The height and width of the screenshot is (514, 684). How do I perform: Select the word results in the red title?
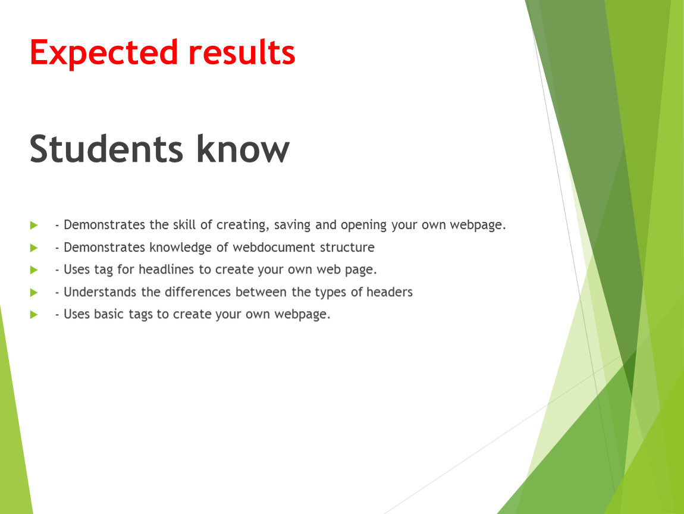click(242, 52)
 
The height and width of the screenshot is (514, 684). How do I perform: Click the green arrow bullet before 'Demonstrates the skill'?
click(34, 225)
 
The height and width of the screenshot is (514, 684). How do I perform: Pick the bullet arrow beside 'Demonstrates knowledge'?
click(34, 248)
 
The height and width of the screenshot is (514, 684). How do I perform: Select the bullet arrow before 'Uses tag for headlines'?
click(34, 270)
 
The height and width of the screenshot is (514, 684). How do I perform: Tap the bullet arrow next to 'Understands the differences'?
click(34, 292)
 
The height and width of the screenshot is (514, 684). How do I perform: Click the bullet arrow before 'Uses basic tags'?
click(34, 315)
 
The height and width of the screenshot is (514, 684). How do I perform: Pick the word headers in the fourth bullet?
click(390, 292)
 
